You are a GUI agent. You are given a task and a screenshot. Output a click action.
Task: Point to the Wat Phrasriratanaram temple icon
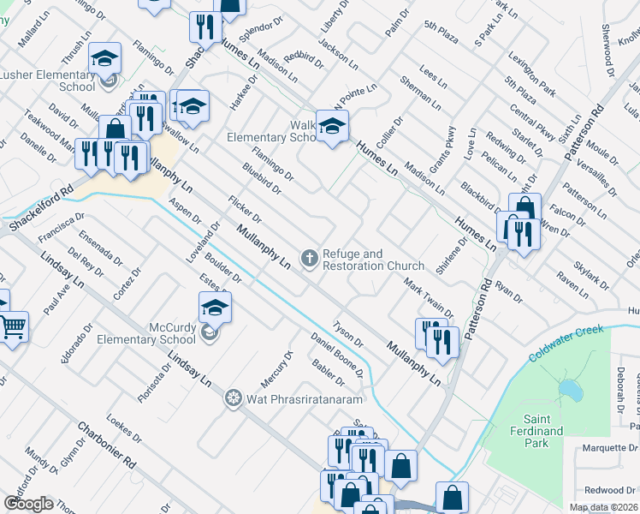233,398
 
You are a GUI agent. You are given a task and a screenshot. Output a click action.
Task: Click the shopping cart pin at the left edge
12,326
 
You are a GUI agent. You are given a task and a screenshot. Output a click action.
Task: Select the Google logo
28,504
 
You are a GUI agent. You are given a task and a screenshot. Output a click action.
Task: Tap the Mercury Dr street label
276,368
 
